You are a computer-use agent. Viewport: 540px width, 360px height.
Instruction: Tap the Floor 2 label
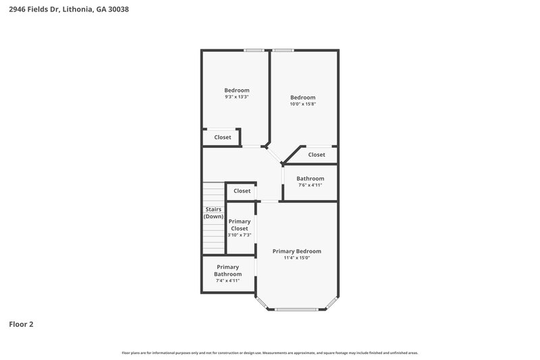[21, 324]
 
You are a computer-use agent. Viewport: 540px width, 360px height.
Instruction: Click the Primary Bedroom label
[296, 251]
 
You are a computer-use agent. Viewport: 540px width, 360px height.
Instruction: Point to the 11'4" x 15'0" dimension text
[296, 257]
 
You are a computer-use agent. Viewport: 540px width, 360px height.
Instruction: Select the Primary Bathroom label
[227, 270]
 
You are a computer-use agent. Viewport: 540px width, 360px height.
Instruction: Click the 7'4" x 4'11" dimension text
[227, 280]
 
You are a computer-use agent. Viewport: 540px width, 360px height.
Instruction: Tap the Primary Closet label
[240, 225]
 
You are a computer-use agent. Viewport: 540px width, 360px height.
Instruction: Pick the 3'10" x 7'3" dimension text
[240, 235]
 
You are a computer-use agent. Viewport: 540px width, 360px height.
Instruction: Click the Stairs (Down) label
[214, 213]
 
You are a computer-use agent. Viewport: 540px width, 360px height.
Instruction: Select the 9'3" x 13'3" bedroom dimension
[237, 97]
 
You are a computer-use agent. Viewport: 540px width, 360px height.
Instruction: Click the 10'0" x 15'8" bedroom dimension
[302, 103]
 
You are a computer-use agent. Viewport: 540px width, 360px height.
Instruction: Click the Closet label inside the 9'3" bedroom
[223, 137]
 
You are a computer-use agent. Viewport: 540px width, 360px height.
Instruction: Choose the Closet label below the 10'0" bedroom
[317, 155]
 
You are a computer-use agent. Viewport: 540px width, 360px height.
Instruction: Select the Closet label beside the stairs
[242, 190]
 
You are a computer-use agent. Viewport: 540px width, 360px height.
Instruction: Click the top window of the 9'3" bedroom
[254, 49]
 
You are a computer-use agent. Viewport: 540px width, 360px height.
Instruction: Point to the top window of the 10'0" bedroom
[283, 49]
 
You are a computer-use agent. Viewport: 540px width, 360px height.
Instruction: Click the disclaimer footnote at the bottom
[269, 353]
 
